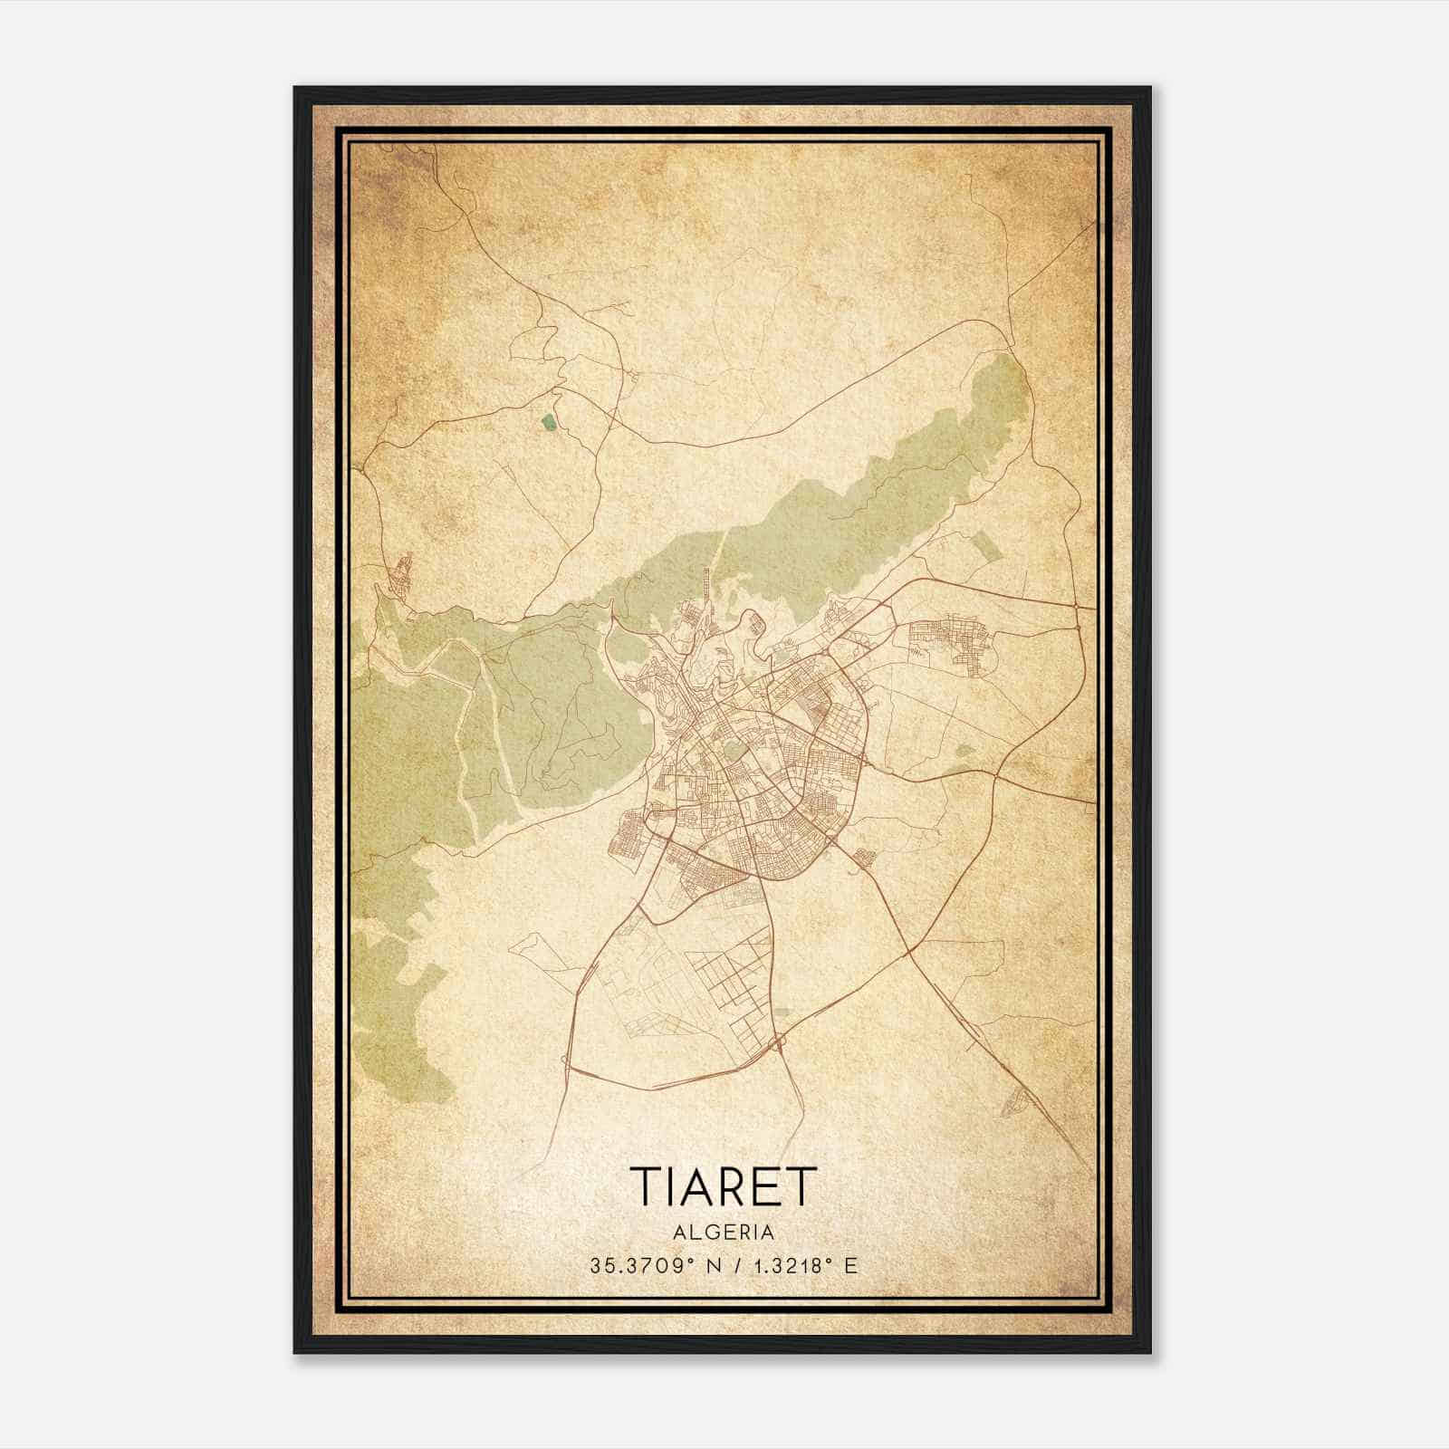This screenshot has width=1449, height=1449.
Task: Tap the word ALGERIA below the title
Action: [723, 1233]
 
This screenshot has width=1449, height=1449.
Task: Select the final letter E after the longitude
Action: [849, 1266]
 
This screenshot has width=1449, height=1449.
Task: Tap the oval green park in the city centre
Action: [730, 750]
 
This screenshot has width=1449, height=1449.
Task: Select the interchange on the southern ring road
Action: [777, 1046]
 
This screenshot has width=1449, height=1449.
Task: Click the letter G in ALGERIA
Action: [707, 1233]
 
